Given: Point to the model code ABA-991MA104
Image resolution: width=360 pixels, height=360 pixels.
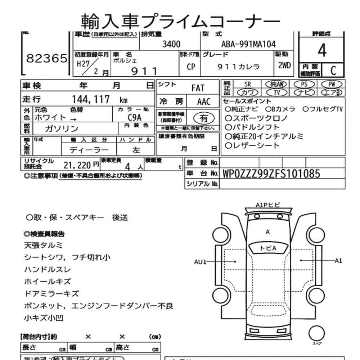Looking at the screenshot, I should click(248, 44).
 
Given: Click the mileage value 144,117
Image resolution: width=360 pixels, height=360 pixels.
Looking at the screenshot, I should click(91, 100).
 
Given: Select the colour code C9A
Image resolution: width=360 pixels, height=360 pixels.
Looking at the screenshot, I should click(134, 117).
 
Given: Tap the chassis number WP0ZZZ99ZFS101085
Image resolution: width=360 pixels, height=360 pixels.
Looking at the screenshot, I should click(271, 174).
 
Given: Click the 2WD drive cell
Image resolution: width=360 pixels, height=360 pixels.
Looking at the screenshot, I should click(284, 66).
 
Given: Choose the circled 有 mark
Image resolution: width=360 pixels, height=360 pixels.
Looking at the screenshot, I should click(203, 117).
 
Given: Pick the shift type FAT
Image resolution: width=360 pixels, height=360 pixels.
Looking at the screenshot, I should click(198, 88).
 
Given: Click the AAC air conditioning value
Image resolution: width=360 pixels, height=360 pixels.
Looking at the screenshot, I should click(204, 102).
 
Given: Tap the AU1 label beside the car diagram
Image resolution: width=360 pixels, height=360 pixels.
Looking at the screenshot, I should click(201, 262).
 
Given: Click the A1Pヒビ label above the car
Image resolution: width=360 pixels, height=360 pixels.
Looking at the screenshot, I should click(268, 205).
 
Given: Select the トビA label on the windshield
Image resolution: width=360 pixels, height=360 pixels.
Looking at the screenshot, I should click(268, 248).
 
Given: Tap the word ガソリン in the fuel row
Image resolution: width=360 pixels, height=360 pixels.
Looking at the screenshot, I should click(62, 129).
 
